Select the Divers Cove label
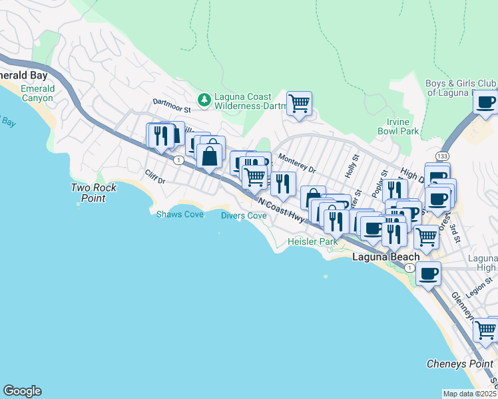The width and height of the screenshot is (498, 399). point(244,215)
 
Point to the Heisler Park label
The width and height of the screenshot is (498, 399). point(312,242)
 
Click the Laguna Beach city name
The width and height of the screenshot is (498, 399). point(385,257)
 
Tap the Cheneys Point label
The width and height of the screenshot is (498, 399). point(460,364)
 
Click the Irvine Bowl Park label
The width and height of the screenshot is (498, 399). point(403,126)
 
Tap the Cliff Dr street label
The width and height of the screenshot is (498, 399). point(154,176)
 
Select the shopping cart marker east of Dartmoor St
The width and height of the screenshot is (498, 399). point(300,104)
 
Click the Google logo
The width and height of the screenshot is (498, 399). point(22,391)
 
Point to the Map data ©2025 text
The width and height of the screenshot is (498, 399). point(469,394)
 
